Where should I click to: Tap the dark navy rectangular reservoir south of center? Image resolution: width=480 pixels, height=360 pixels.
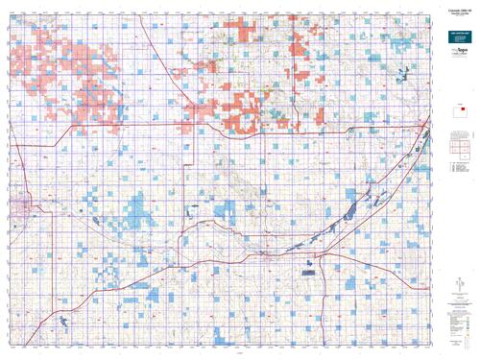pos(309,273)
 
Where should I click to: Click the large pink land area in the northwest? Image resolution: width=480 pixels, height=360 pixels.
pos(82,91)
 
